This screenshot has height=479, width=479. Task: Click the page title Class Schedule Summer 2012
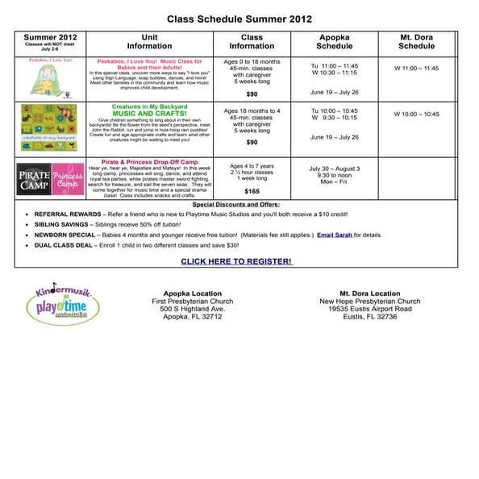point(239,19)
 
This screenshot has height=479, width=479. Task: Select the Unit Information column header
point(149,42)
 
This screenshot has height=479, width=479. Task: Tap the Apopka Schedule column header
point(335,42)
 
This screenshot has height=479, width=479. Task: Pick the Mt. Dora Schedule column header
point(416,42)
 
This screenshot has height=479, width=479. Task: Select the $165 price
point(252,192)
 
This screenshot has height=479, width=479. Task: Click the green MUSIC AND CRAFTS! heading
point(149,114)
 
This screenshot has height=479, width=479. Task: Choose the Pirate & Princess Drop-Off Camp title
point(150,161)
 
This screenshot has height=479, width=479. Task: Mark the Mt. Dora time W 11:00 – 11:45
point(416,69)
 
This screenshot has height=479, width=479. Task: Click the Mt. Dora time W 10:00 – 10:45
point(416,115)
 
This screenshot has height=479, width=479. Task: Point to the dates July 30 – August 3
point(334,169)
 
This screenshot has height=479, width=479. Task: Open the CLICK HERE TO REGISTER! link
point(236,261)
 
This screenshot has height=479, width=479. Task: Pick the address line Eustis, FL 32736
point(369,317)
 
